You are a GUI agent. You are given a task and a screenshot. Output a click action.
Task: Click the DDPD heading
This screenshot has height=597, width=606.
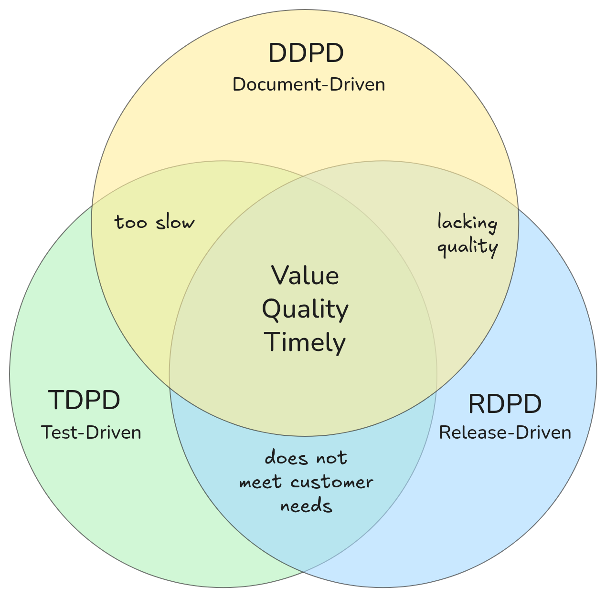306,53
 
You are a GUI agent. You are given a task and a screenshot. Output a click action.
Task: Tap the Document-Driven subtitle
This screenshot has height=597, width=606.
308,85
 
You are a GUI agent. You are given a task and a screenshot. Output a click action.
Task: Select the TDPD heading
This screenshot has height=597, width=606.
84,400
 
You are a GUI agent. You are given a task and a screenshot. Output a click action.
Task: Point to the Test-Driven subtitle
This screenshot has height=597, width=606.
91,432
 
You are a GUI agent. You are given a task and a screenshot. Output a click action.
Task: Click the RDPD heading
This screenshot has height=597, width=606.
505,404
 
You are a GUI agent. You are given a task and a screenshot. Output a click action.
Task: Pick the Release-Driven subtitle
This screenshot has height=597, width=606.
505,432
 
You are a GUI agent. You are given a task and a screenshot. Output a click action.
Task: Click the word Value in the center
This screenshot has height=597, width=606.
305,276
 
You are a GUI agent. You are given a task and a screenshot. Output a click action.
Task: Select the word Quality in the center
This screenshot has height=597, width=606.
305,309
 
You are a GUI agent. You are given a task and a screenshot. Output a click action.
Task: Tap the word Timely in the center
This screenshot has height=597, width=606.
305,342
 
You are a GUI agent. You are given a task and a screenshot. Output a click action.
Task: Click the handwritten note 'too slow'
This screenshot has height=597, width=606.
155,222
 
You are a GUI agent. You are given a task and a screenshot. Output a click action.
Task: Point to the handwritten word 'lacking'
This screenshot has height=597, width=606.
468,223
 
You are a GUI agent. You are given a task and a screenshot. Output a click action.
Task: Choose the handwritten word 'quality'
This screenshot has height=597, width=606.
468,247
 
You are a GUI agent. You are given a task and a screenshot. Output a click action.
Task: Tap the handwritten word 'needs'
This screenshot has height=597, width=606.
306,505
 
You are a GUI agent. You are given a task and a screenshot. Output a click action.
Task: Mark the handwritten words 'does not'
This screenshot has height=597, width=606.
306,458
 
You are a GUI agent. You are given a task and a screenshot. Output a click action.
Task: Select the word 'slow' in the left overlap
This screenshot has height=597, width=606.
175,222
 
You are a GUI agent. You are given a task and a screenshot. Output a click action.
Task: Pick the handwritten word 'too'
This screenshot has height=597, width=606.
131,222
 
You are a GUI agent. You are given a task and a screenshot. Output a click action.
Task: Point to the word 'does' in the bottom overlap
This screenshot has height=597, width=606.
285,458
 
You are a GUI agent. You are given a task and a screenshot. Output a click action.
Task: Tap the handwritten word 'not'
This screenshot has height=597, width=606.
330,458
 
